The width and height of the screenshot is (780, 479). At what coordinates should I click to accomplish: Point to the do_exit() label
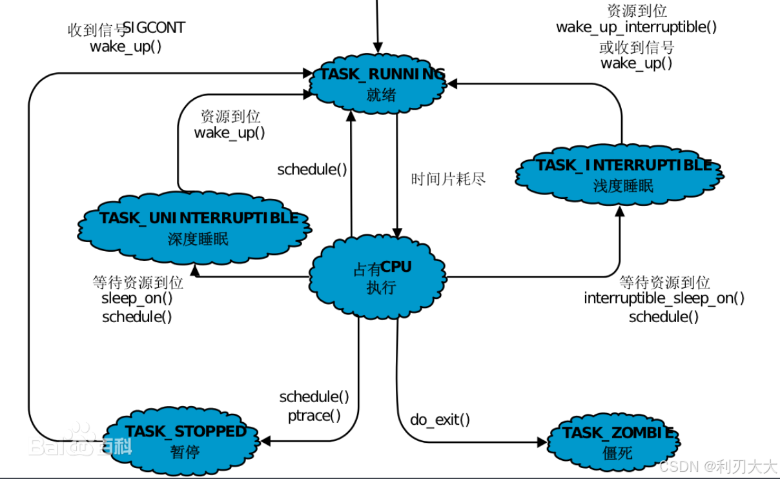pos(440,420)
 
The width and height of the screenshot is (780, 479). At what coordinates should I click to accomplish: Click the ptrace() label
pos(314,415)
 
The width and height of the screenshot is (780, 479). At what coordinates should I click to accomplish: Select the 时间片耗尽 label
pos(448,179)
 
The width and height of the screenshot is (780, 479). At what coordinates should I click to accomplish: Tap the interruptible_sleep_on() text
pos(664,298)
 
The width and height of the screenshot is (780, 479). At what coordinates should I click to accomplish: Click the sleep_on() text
pos(137,299)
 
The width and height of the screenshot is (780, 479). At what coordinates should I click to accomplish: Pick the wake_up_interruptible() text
pos(636,27)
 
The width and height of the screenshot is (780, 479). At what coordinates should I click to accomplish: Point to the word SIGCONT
pos(154,28)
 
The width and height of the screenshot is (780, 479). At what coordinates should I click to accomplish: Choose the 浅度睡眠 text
pos(623,186)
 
